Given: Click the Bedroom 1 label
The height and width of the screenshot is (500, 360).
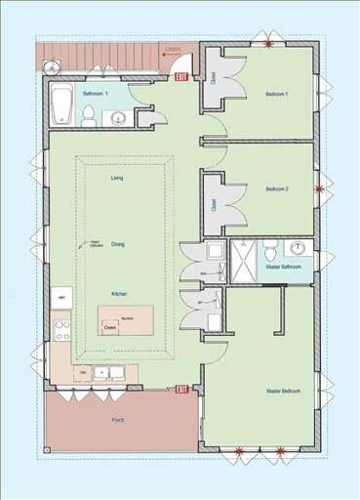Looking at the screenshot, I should (277, 94).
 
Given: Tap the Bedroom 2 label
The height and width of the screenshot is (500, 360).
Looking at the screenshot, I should (277, 189).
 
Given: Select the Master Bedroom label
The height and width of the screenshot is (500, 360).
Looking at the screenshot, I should (283, 391).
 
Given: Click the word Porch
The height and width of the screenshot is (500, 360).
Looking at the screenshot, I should (118, 422).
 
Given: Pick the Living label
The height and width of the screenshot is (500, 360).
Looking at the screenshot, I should (117, 179).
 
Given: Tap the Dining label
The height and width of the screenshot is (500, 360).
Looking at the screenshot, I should (117, 244).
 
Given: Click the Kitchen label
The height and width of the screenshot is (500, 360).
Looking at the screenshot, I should (117, 293).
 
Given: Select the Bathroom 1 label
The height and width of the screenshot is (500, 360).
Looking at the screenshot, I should (95, 94).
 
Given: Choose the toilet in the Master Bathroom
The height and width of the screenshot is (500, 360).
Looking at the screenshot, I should (271, 245).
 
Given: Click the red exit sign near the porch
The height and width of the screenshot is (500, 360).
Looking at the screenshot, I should (181, 389).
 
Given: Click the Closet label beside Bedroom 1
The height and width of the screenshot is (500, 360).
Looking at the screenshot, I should (214, 76).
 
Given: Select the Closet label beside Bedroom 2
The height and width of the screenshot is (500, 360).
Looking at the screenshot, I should (214, 205).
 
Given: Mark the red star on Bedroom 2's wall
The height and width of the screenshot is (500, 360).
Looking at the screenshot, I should (317, 188).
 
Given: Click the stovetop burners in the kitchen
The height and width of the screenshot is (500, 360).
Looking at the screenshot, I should (62, 328).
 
